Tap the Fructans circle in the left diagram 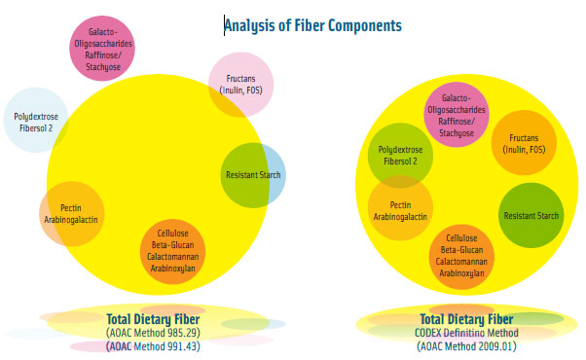click(x=239, y=82)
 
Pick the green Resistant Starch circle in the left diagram click(x=253, y=174)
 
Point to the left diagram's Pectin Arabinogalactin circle click(x=71, y=213)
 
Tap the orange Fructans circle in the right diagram click(x=524, y=143)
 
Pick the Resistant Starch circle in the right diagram click(x=530, y=215)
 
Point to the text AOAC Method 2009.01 click(x=466, y=345)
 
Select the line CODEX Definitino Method click(x=466, y=332)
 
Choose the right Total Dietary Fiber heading click(x=466, y=318)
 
